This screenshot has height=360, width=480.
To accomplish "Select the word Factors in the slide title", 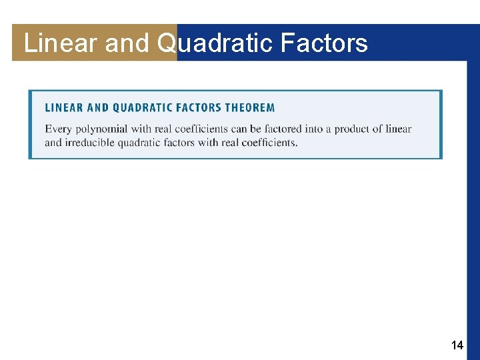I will [x=324, y=43].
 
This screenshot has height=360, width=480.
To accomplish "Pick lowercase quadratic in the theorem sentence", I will [x=139, y=142].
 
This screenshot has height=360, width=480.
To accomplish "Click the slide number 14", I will [x=457, y=345].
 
